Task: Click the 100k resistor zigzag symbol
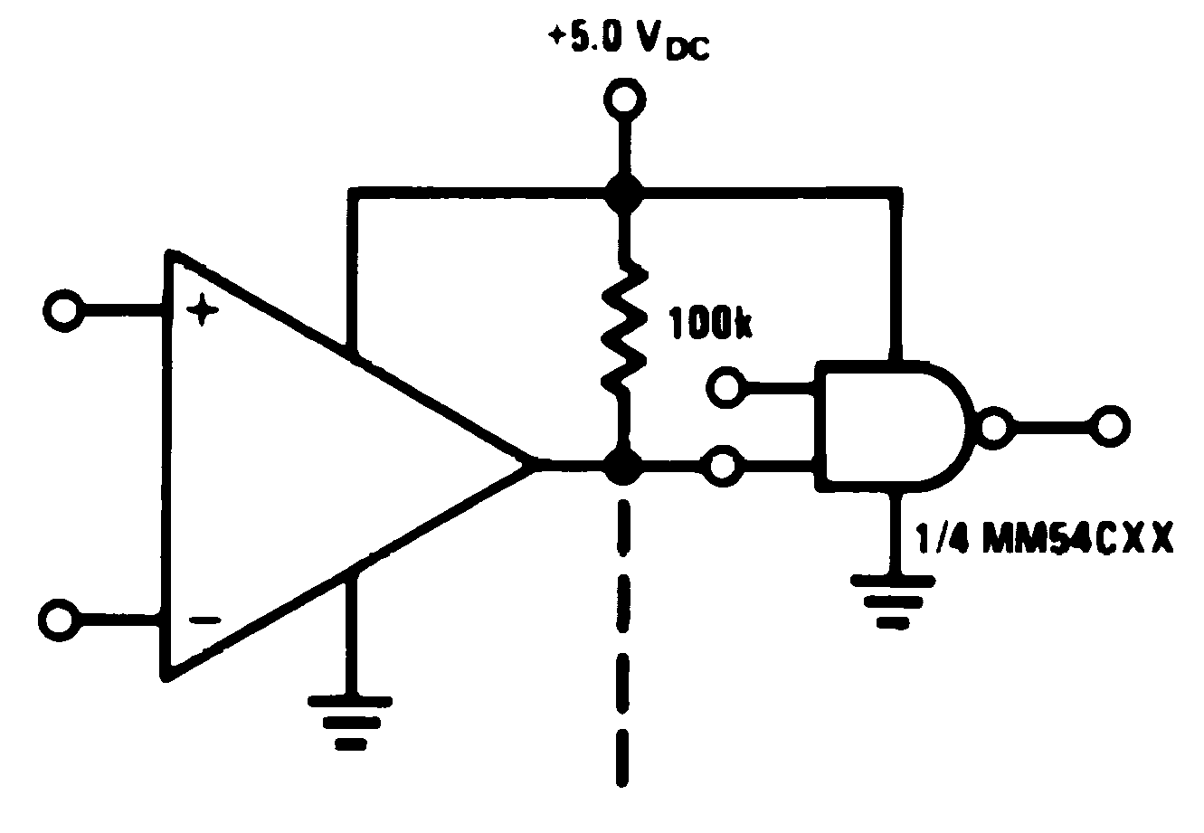click(x=623, y=329)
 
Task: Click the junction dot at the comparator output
click(x=622, y=467)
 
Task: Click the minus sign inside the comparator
click(x=204, y=620)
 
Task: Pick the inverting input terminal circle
click(x=58, y=620)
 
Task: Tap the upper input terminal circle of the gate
click(x=725, y=389)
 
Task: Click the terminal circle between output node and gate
click(x=725, y=466)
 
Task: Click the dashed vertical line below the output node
click(x=622, y=633)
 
